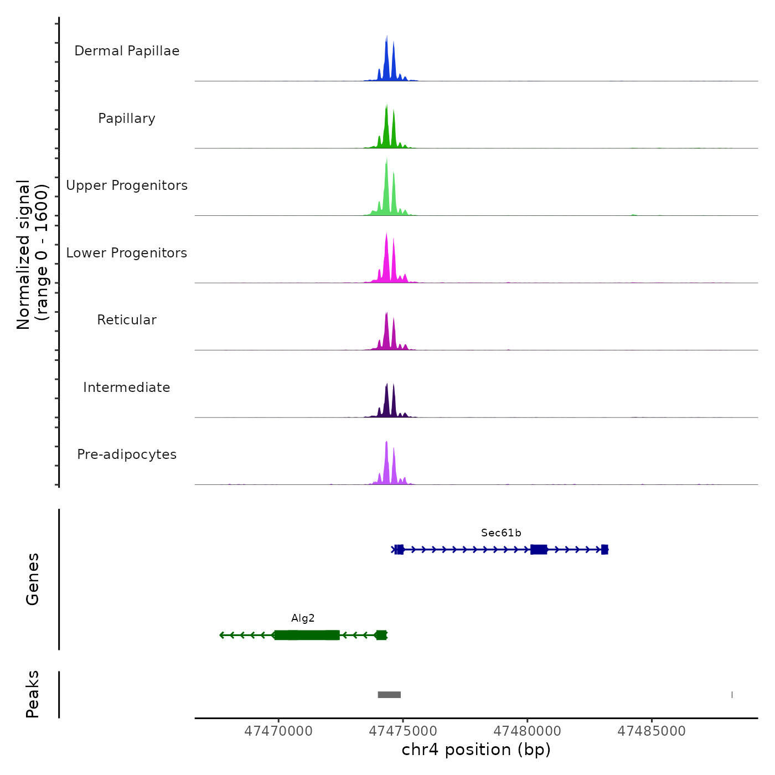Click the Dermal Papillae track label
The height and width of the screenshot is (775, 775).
[x=127, y=51]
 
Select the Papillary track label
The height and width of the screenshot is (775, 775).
[x=127, y=118]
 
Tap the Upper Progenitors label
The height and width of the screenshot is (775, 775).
[x=127, y=185]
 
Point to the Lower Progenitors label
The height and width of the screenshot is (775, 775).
[x=127, y=253]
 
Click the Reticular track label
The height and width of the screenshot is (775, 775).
[x=127, y=320]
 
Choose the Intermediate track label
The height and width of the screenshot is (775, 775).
[x=127, y=387]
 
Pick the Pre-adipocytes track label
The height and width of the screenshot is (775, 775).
[x=127, y=454]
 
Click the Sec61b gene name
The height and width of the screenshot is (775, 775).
[x=501, y=533]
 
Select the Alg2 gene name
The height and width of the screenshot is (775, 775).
[x=303, y=618]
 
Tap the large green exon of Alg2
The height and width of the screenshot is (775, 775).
[x=307, y=635]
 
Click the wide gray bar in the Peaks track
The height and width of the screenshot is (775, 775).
[x=389, y=695]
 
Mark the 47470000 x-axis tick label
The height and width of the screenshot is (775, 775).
[x=278, y=731]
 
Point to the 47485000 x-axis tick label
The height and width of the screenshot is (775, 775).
[x=652, y=731]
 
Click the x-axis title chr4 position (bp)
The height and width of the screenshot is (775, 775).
[x=476, y=750]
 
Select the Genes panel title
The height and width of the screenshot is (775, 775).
[x=33, y=579]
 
